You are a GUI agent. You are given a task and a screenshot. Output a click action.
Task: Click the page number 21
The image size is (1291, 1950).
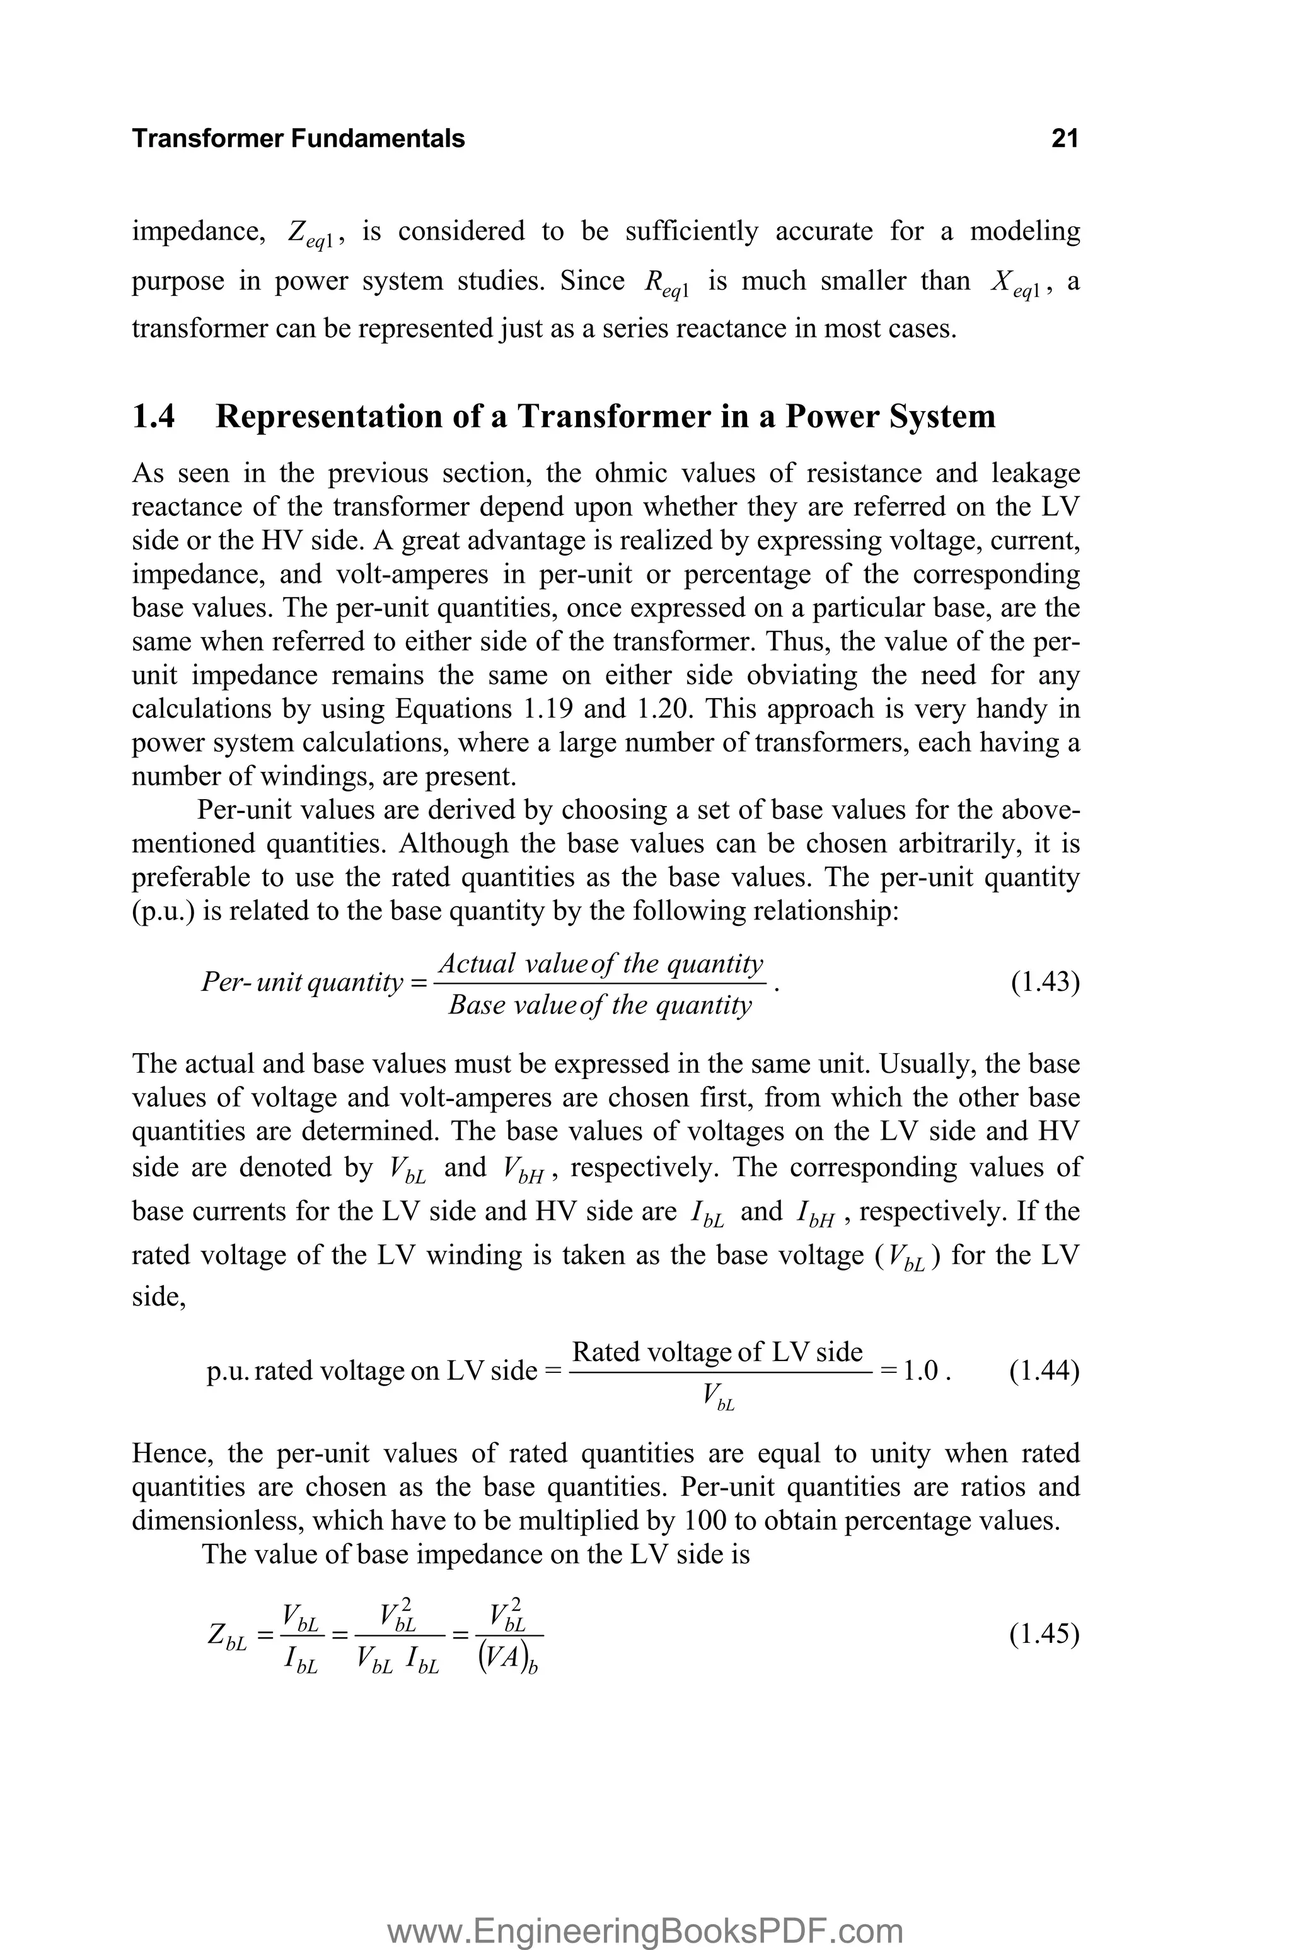click(1064, 138)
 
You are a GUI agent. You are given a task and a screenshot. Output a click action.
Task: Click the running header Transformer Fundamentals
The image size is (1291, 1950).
click(298, 138)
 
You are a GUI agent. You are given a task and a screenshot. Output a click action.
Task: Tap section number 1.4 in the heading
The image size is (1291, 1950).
click(153, 417)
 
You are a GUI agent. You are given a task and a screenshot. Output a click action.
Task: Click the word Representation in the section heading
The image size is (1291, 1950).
click(326, 417)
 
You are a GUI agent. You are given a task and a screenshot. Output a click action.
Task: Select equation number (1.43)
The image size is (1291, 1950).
click(1044, 983)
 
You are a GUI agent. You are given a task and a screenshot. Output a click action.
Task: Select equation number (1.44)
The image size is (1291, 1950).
click(1044, 1371)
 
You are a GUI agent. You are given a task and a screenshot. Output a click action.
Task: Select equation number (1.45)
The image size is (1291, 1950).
click(1044, 1634)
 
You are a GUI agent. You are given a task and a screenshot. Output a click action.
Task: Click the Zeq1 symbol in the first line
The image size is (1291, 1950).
click(310, 234)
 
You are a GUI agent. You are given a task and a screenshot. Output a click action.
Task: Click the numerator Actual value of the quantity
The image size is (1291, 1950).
click(600, 964)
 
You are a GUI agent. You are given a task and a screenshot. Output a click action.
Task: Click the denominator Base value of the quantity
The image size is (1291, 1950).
click(600, 1005)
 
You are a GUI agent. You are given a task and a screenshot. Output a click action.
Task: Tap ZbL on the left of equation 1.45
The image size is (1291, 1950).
click(227, 1637)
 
